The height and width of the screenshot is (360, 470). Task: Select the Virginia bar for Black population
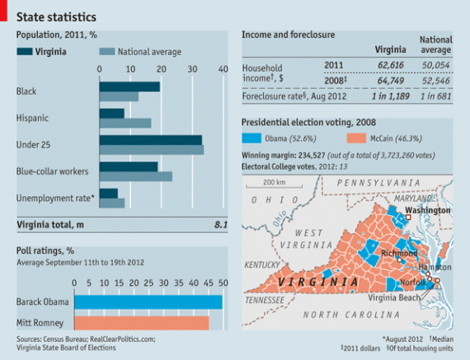[x=129, y=86]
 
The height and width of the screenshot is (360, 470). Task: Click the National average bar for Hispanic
[x=125, y=124]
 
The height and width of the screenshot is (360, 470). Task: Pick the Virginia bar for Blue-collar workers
[x=128, y=166]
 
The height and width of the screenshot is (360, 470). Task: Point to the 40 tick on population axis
[x=223, y=70]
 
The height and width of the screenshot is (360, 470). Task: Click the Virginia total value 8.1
[x=220, y=224]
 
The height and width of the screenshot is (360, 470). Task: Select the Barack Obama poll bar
[x=148, y=302]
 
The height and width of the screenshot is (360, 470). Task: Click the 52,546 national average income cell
[x=436, y=82]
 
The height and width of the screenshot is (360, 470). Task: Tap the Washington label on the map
[x=427, y=210]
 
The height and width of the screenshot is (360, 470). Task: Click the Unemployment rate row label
[x=55, y=198]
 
